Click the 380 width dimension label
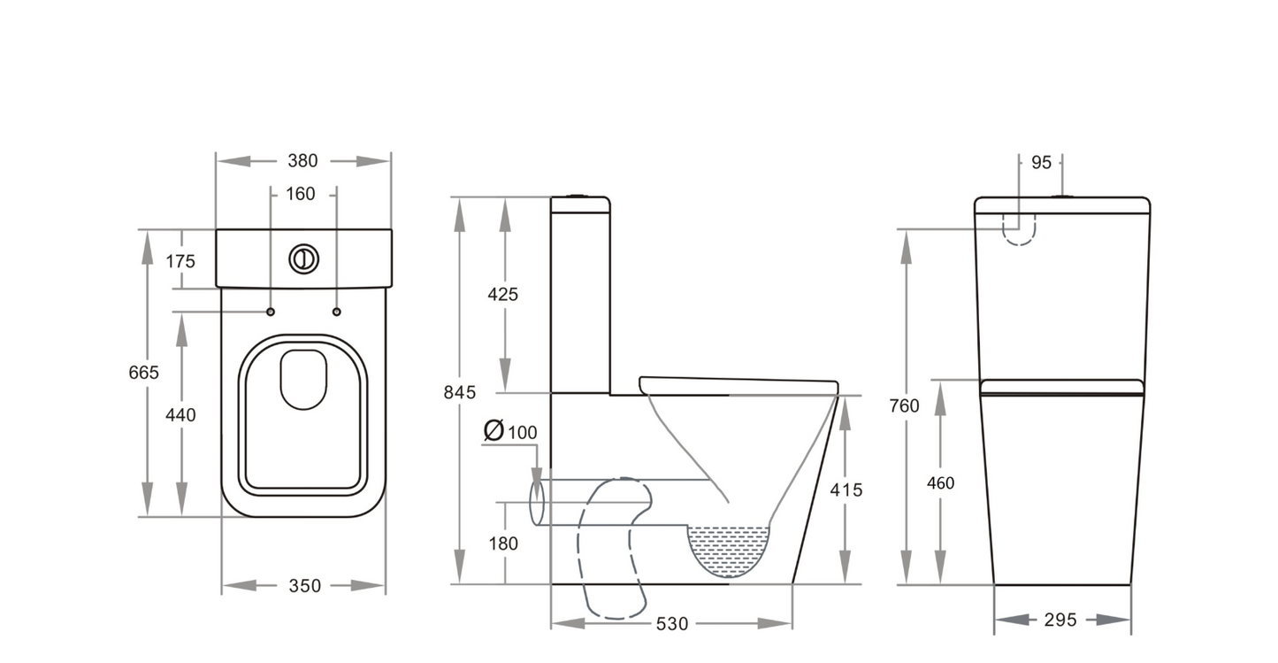[x=302, y=161]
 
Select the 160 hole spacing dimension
[x=301, y=194]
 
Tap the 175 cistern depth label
[x=180, y=261]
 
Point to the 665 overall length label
[x=143, y=373]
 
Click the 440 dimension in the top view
[x=180, y=414]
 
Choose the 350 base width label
[x=303, y=586]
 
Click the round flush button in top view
[x=303, y=258]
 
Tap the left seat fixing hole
[x=271, y=312]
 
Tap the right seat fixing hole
[x=336, y=312]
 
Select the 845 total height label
[x=460, y=392]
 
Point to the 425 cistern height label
[x=503, y=295]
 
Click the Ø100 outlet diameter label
[x=511, y=432]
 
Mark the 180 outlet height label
[x=503, y=544]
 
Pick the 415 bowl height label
[x=846, y=490]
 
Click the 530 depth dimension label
[x=672, y=624]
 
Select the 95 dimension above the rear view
[x=1041, y=162]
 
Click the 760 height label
[x=904, y=406]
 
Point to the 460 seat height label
[x=940, y=483]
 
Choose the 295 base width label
[x=1060, y=621]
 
